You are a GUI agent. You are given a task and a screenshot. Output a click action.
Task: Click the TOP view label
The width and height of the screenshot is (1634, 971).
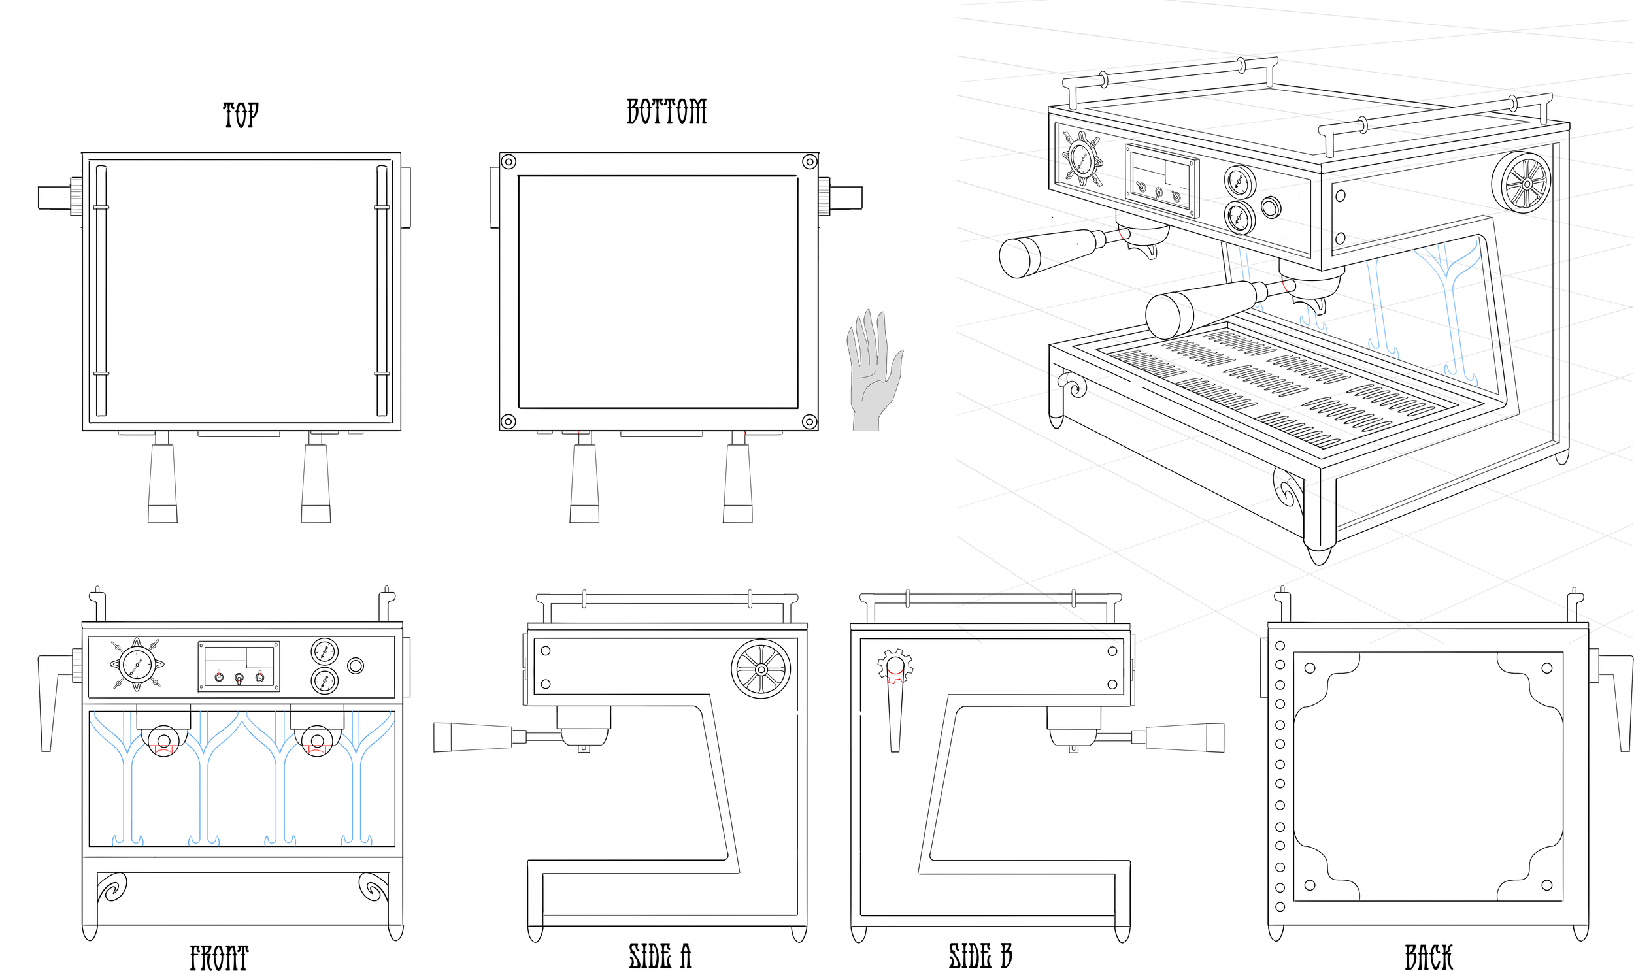tap(241, 115)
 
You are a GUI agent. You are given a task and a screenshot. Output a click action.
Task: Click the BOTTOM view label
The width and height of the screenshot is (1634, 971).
tap(667, 111)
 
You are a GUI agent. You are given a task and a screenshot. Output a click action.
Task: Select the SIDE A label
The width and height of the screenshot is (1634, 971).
tap(659, 956)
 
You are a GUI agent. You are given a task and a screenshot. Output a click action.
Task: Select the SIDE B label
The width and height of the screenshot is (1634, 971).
tap(980, 956)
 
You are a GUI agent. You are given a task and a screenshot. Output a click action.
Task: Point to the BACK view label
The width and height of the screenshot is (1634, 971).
tap(1429, 957)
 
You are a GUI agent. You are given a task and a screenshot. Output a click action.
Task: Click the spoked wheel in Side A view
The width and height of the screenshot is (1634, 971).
tap(760, 669)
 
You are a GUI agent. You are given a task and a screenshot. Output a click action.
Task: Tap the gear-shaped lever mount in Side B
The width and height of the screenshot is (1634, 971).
tap(895, 665)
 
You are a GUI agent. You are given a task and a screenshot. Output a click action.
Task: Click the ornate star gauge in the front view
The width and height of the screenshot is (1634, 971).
tap(137, 665)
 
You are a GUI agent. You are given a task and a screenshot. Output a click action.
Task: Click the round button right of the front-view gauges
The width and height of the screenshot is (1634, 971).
tap(356, 666)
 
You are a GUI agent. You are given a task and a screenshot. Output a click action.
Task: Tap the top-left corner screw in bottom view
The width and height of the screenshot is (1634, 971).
tap(509, 161)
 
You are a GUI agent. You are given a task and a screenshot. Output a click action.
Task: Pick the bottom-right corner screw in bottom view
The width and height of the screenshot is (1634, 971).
tap(809, 421)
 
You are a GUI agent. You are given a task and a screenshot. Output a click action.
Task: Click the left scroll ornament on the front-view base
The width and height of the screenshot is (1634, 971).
tap(110, 888)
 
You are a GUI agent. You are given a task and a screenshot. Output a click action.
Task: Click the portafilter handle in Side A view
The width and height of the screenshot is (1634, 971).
tap(473, 737)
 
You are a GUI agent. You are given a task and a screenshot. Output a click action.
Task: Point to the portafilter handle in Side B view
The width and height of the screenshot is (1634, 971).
tap(1184, 738)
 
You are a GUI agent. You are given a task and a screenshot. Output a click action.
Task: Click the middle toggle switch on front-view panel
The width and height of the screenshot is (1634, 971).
tap(239, 678)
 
